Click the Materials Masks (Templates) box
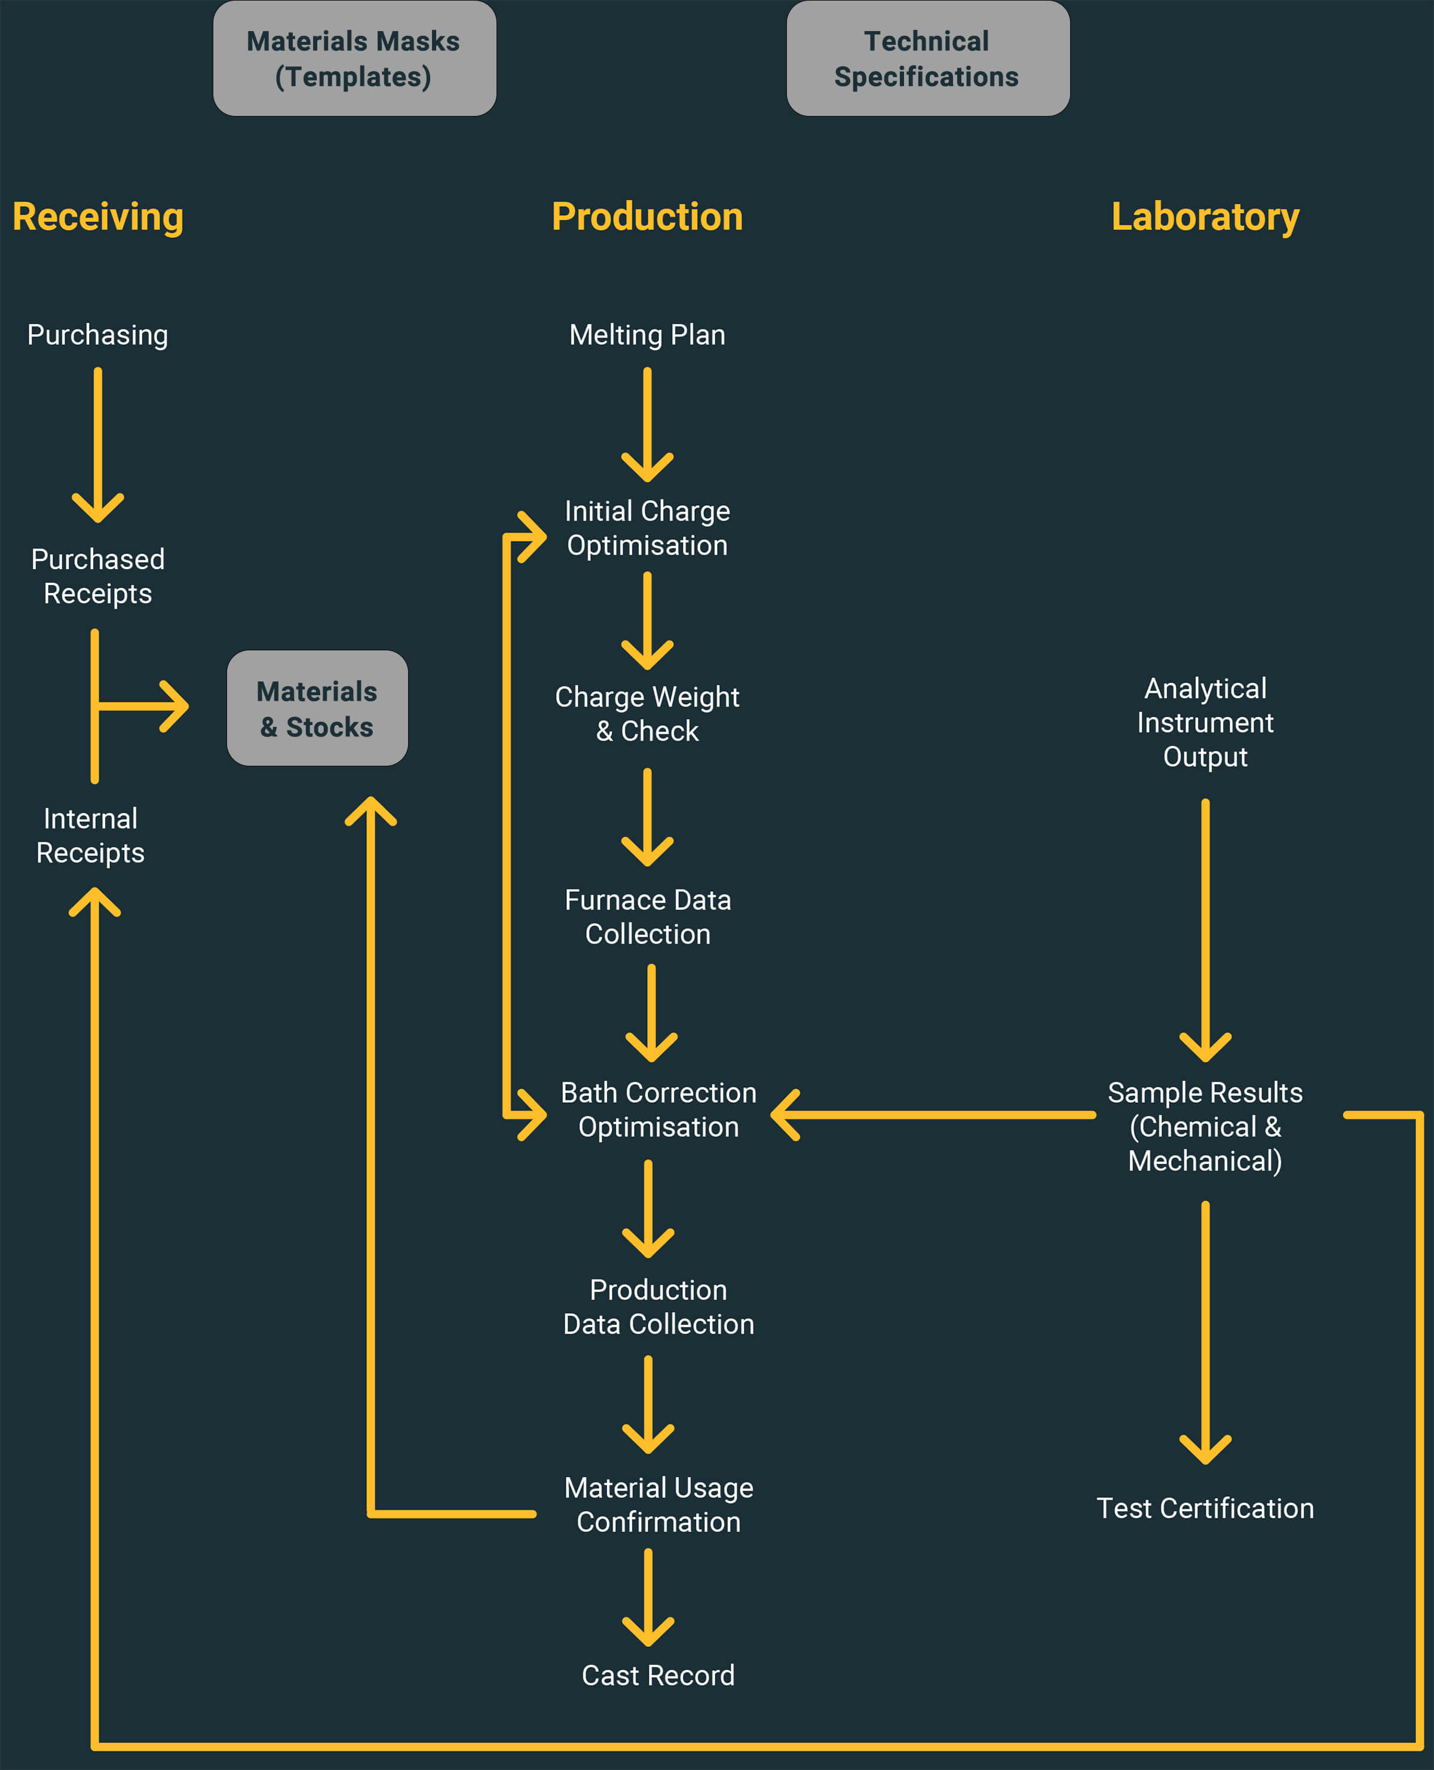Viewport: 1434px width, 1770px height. click(354, 59)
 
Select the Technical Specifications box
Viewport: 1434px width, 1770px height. click(928, 59)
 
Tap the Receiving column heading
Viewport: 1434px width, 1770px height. click(97, 216)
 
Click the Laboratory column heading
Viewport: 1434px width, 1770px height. click(1205, 216)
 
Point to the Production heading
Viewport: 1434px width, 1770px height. click(646, 216)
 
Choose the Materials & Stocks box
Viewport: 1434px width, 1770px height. click(317, 708)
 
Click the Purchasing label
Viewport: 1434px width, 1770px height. click(97, 335)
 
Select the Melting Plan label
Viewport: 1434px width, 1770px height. click(646, 335)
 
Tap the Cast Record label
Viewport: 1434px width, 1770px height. click(657, 1675)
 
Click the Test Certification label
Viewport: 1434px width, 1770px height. click(1205, 1508)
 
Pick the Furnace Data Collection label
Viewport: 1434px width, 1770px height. click(648, 916)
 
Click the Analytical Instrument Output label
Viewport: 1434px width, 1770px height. click(1205, 722)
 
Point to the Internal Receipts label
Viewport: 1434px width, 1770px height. click(90, 836)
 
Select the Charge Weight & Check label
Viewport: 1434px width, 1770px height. click(646, 713)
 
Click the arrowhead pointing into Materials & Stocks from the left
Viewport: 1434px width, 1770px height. click(175, 707)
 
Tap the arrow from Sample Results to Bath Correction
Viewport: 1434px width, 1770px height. click(933, 1115)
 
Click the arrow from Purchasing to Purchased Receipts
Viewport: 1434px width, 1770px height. click(97, 446)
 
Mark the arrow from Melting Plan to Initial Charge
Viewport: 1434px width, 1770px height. click(646, 426)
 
